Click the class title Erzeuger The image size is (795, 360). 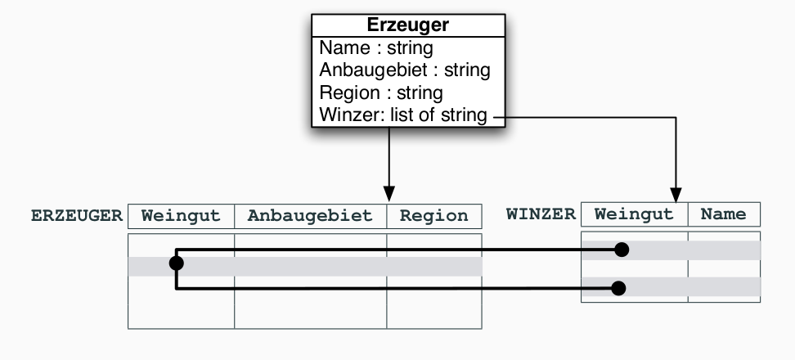pos(407,26)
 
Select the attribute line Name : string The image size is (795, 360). pos(375,48)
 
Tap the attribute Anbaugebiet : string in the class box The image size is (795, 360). pos(404,70)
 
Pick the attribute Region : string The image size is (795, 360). pos(380,92)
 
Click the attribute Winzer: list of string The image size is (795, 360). pos(402,115)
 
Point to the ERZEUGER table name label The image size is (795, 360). pos(77,216)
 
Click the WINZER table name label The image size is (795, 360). pos(541,214)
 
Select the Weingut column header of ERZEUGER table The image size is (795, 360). pos(181,216)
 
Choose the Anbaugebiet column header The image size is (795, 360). pos(310,216)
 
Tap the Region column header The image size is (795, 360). pos(433,216)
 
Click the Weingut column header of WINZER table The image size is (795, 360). pos(634,214)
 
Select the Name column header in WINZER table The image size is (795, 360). pos(724,214)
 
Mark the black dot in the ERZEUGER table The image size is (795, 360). pos(176,263)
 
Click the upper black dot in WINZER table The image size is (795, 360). pos(622,250)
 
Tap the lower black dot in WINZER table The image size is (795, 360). pos(619,287)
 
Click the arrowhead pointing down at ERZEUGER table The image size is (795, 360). pos(389,196)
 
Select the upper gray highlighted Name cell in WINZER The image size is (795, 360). pos(724,250)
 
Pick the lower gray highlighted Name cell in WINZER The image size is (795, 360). pos(724,287)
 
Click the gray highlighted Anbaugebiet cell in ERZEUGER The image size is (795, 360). pos(310,266)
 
